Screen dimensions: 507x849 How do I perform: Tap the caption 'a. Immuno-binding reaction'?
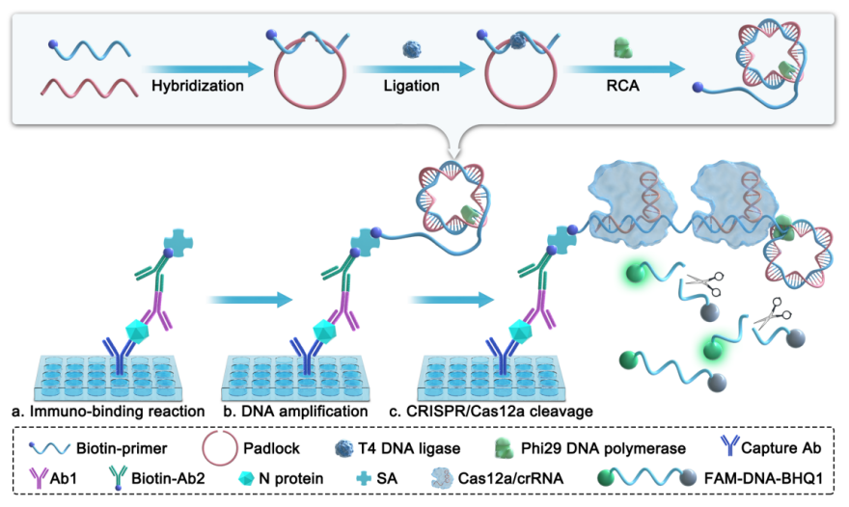point(107,412)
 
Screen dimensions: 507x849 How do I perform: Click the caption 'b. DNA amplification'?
point(296,412)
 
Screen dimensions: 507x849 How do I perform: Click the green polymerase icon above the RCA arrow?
point(621,44)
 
